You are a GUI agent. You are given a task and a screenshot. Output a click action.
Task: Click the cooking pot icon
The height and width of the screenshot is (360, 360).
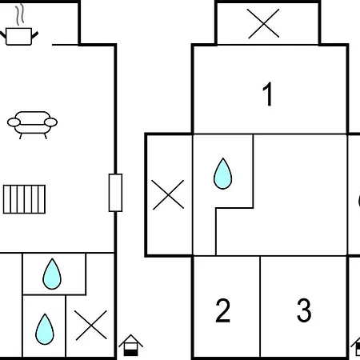[x=19, y=36]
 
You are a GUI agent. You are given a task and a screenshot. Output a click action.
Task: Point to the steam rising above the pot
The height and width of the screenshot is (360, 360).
[x=19, y=14]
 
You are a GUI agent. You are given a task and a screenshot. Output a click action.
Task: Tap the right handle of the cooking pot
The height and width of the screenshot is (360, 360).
[x=35, y=35]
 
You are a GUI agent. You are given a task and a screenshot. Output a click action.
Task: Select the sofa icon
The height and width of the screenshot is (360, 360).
[x=32, y=125]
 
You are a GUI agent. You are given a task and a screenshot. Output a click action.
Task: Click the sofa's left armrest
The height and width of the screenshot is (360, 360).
[x=14, y=122]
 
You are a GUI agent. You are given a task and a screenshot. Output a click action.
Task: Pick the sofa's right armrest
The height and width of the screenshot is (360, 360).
[x=50, y=122]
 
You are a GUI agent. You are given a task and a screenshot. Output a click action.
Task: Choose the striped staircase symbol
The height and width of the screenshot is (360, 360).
[x=24, y=199]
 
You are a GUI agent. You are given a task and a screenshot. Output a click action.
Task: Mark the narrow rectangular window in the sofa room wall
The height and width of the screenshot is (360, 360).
[x=115, y=193]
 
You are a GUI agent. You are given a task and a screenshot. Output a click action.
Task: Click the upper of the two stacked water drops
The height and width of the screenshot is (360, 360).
[x=52, y=274]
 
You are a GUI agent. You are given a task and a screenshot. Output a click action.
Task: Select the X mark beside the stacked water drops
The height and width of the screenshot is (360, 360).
[x=90, y=326]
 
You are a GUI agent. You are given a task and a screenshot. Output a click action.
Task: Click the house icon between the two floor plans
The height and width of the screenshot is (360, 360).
[x=130, y=345]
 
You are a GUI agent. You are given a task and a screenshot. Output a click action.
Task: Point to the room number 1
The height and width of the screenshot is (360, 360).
[x=267, y=94]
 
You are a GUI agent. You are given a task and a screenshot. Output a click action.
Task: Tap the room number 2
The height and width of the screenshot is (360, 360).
[x=222, y=310]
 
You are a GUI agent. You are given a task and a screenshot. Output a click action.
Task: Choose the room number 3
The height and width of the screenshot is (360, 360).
[x=304, y=310]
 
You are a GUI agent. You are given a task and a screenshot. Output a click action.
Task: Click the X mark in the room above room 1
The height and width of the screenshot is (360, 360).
[x=263, y=24]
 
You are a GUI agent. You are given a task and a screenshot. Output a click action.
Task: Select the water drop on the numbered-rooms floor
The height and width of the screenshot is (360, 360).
[x=223, y=174]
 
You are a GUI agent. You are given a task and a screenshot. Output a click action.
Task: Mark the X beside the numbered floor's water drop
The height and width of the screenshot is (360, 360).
[x=168, y=194]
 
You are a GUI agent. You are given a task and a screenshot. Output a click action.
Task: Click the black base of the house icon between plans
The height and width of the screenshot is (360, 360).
[x=131, y=353]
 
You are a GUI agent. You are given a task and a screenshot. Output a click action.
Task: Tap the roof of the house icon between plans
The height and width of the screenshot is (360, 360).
[x=130, y=339]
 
